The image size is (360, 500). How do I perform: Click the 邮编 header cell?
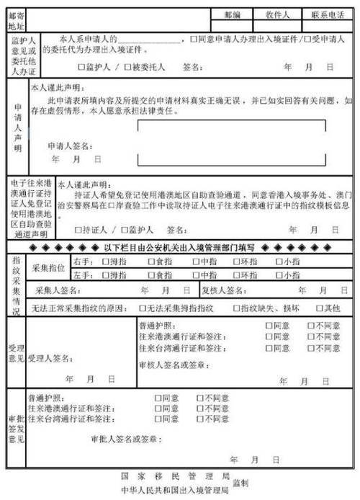[233, 14]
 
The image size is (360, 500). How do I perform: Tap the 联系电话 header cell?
[328, 14]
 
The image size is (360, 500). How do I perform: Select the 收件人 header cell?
[277, 14]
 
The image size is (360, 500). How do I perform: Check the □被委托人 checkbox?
[128, 67]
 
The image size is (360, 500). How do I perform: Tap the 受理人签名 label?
[50, 357]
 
